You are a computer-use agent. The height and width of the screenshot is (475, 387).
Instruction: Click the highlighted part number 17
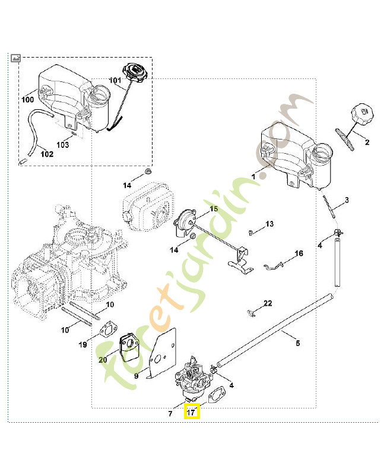tap(192, 411)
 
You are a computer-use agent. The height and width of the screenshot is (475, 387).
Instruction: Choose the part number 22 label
tap(268, 303)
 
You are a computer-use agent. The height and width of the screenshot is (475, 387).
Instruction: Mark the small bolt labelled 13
tap(252, 230)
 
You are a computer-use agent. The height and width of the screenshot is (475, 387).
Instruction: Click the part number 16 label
tap(299, 254)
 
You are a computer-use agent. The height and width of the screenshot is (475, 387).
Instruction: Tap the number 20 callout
tap(102, 359)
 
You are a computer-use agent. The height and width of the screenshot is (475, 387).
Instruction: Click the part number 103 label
tap(63, 144)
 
